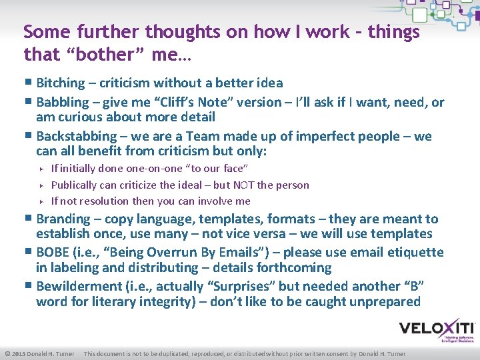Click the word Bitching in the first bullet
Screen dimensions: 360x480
click(x=61, y=83)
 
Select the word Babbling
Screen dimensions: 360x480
click(x=62, y=102)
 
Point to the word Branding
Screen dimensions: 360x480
click(x=63, y=219)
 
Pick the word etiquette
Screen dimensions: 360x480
click(x=411, y=252)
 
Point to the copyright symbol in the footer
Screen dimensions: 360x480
click(x=7, y=353)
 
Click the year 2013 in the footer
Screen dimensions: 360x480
click(x=20, y=353)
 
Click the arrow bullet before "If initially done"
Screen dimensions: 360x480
click(x=41, y=169)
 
